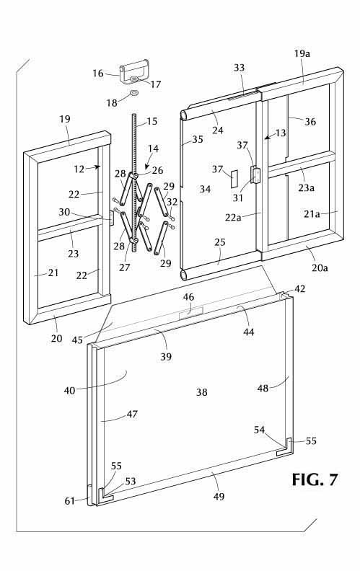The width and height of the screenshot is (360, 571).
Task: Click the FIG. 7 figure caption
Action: [x=315, y=479]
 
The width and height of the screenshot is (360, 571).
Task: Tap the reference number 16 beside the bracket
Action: [x=98, y=74]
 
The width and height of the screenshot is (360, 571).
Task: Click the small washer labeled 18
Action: [x=133, y=93]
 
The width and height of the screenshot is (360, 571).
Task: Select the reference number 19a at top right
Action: [x=302, y=53]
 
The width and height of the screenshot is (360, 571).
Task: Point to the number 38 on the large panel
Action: [x=202, y=392]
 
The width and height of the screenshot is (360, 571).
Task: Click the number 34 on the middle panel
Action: [x=205, y=189]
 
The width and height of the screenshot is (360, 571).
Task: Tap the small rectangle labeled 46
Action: [x=191, y=312]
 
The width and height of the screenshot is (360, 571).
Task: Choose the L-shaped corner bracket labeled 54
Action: [x=284, y=447]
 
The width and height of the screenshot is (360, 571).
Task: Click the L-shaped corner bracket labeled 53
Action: [x=105, y=496]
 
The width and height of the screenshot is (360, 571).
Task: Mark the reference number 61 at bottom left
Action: [x=69, y=501]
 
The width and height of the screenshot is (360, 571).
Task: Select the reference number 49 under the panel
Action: [x=219, y=496]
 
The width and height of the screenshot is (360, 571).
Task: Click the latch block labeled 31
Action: [x=255, y=174]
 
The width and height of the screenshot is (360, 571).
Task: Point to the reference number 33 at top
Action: [x=240, y=67]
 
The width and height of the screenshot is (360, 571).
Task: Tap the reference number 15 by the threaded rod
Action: [x=152, y=121]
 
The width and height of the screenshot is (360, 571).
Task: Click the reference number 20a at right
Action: [x=320, y=268]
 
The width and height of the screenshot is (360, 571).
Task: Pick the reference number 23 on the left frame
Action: [x=74, y=254]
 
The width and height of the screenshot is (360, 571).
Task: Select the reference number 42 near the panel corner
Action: [x=300, y=289]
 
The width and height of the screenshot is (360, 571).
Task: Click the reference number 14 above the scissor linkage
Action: [x=154, y=149]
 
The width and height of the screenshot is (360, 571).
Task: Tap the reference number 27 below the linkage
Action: [x=124, y=267]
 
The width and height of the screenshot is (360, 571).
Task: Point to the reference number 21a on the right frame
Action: [x=312, y=214]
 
